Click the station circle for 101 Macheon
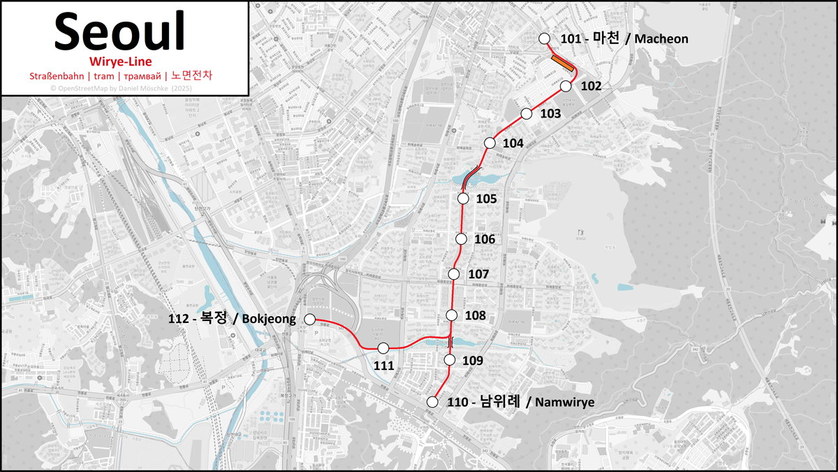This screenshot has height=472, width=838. tap(545, 38)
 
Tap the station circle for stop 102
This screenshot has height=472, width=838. tap(566, 86)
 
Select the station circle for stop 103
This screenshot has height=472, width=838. tap(527, 113)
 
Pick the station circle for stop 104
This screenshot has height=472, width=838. tap(489, 143)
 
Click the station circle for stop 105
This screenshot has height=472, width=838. tap(462, 199)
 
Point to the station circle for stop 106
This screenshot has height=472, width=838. tap(461, 239)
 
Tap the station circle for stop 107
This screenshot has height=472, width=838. tap(455, 273)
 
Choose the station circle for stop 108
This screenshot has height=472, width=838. tap(451, 315)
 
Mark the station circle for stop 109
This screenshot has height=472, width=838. tap(449, 360)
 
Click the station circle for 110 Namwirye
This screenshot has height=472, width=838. tap(432, 401)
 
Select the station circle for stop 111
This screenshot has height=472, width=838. tap(383, 348)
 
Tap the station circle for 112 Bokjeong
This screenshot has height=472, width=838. tap(310, 320)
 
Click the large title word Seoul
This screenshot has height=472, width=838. tap(119, 31)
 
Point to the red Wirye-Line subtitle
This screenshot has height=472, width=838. tap(121, 62)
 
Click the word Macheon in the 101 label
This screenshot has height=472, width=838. tap(661, 39)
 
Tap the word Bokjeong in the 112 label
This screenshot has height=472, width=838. tap(267, 320)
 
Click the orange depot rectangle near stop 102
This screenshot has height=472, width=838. tap(562, 63)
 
